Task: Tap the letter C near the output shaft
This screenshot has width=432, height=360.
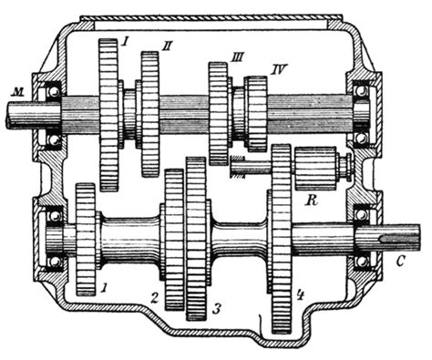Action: (400, 262)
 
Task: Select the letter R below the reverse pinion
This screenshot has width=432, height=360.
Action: (311, 201)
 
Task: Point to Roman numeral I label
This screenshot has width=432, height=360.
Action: (123, 41)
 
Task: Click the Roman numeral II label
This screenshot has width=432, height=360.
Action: (167, 46)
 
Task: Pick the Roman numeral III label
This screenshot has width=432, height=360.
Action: (237, 57)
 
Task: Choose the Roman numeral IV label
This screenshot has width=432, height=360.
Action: (277, 70)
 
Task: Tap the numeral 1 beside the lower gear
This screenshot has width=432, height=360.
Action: (104, 287)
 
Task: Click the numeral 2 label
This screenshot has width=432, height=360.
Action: (155, 298)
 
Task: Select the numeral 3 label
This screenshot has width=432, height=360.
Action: (216, 310)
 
